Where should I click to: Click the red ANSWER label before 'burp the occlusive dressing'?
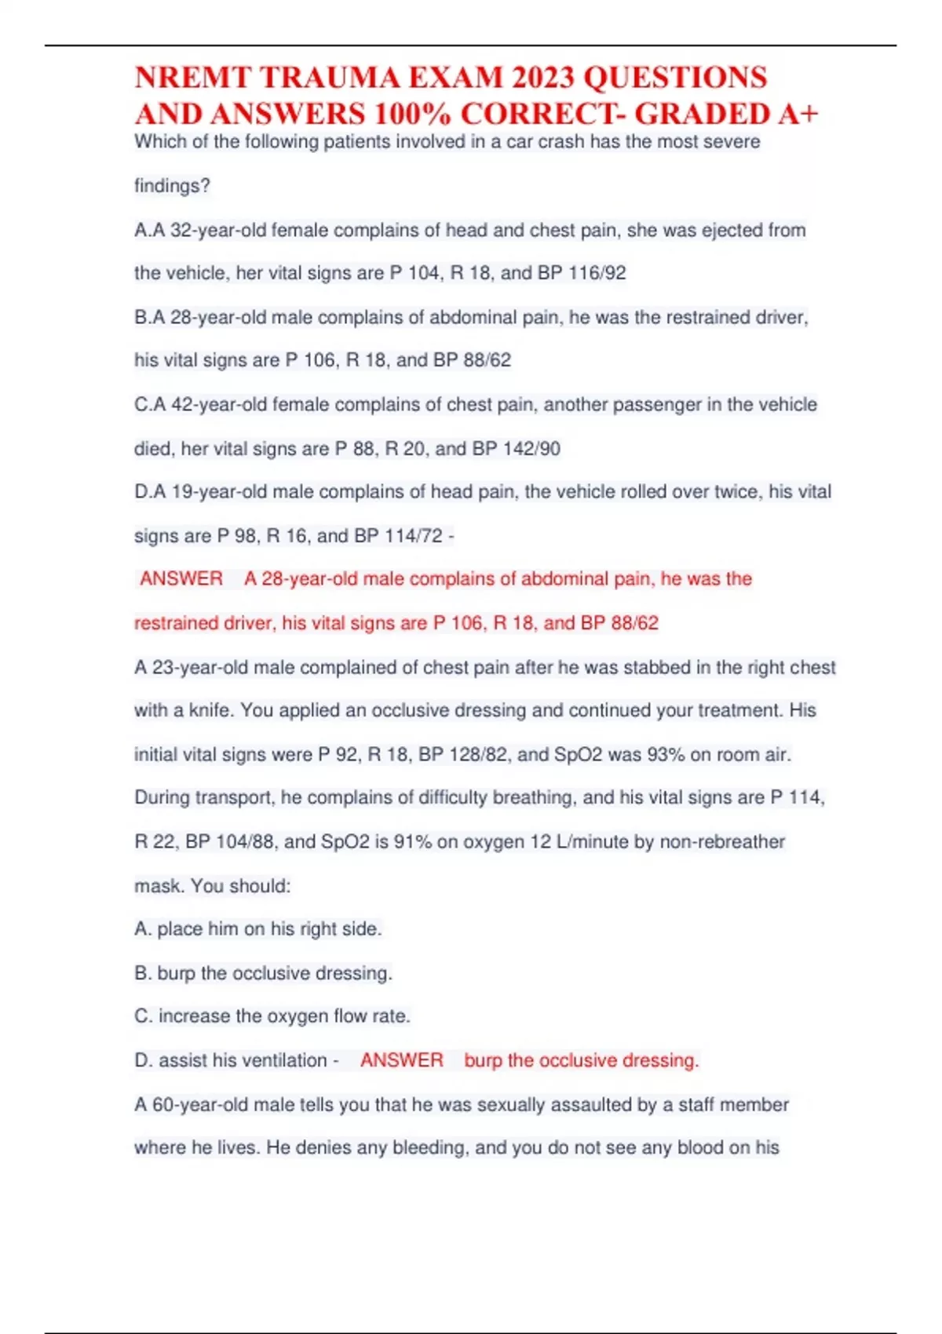pos(402,1060)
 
